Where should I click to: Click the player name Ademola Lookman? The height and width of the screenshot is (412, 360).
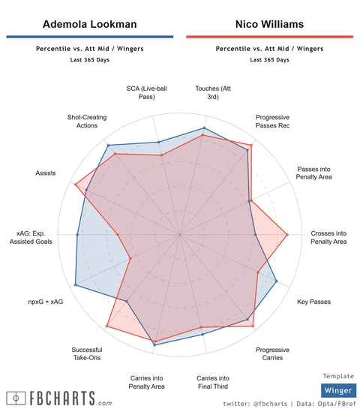click(89, 24)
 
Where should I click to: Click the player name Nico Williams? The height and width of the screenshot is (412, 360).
click(268, 24)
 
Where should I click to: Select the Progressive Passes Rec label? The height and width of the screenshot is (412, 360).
click(272, 122)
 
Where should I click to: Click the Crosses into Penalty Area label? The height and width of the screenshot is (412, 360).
click(328, 238)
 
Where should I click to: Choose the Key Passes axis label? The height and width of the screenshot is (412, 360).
click(313, 302)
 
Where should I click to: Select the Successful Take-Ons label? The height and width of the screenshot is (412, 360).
click(87, 353)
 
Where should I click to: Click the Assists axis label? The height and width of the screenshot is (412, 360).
click(46, 173)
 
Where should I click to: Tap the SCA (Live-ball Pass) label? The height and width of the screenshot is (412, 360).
click(147, 92)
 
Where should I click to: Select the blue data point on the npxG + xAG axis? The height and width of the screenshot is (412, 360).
click(76, 285)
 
